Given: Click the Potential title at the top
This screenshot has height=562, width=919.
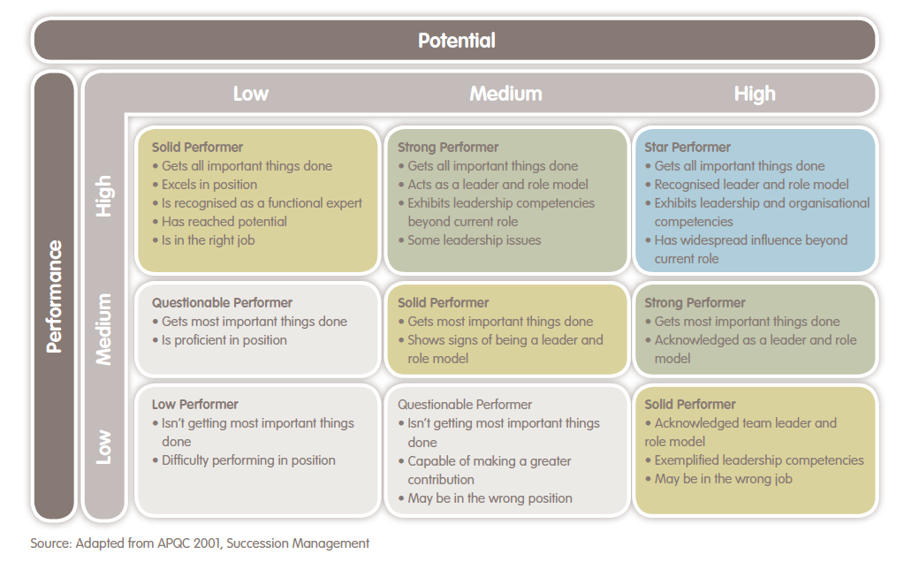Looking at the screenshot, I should coord(456,41).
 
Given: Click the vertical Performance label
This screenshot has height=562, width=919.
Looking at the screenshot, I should coord(54,295).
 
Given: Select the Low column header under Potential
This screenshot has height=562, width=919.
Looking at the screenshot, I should coord(250,94).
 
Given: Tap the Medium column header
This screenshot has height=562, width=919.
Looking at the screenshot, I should coord(505,94).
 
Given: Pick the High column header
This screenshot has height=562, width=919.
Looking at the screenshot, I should coord(754,94).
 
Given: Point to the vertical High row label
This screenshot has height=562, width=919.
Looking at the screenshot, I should coord(104,195).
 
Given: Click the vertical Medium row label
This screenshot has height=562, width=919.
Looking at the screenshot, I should coord(104,329).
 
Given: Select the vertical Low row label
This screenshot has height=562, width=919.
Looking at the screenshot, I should coord(104,447).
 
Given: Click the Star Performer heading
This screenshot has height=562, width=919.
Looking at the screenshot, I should coord(687,148).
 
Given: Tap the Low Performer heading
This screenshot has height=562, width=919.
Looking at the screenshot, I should coord(194,405).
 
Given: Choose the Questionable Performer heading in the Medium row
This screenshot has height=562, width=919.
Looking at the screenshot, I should coord(222,303).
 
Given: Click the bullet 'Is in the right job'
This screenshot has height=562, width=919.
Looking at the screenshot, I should coord(208,240).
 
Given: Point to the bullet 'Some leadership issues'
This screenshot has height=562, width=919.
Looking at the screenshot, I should coord(474,240).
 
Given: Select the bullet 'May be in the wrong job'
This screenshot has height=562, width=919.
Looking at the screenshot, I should coord(723,479).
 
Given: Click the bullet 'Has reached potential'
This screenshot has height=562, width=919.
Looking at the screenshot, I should coord(224,222).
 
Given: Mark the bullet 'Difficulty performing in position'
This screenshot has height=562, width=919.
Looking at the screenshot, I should coord(248,460).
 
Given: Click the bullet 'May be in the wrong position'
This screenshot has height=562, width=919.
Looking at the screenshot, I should coord(490,498).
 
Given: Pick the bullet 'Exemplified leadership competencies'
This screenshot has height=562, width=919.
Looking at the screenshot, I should coord(758,460).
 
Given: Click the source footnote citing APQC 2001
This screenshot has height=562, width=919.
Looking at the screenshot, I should coord(200,543).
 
